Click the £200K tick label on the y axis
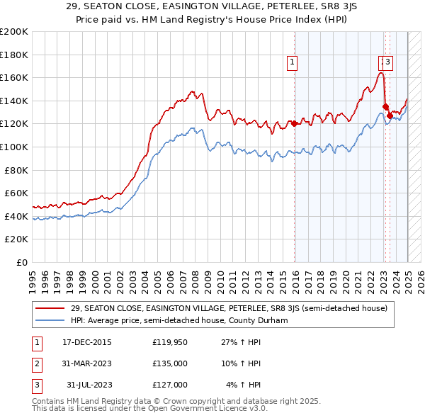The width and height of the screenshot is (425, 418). point(14,32)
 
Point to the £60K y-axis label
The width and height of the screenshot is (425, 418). point(16,193)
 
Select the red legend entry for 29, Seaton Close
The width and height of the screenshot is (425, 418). point(228,309)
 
